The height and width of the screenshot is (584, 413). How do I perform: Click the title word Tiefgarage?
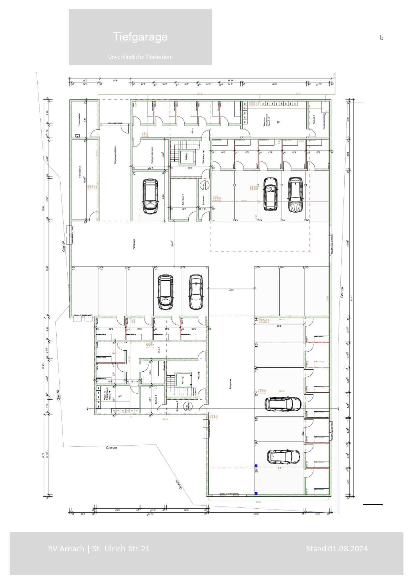[x=140, y=37]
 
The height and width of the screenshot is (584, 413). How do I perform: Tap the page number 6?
[x=381, y=37]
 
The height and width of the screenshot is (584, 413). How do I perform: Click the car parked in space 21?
[x=150, y=196]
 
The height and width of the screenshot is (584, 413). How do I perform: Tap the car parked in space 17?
[x=283, y=404]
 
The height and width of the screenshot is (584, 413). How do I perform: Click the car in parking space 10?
[x=165, y=292]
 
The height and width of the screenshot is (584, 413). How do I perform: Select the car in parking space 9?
[x=196, y=292]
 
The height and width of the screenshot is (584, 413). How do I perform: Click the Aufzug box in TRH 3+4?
[x=183, y=380]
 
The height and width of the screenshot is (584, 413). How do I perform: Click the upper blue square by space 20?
[x=256, y=466]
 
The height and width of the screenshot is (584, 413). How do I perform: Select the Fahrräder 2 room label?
[x=80, y=175]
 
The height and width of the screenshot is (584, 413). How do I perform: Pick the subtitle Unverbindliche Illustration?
[x=139, y=57]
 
